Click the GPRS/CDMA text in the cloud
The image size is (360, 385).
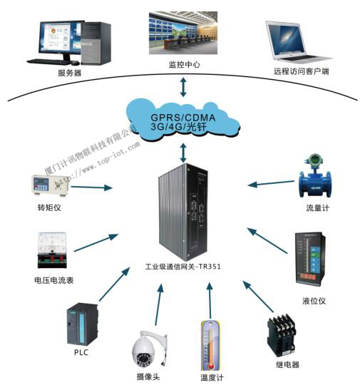pyautogui.click(x=183, y=115)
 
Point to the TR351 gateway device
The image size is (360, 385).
pyautogui.click(x=184, y=213)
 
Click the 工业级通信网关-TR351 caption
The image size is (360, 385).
pyautogui.click(x=182, y=271)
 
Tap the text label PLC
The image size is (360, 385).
pyautogui.click(x=78, y=352)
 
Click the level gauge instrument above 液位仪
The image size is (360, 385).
pyautogui.click(x=308, y=261)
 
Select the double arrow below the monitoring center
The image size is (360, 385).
pyautogui.click(x=184, y=86)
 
